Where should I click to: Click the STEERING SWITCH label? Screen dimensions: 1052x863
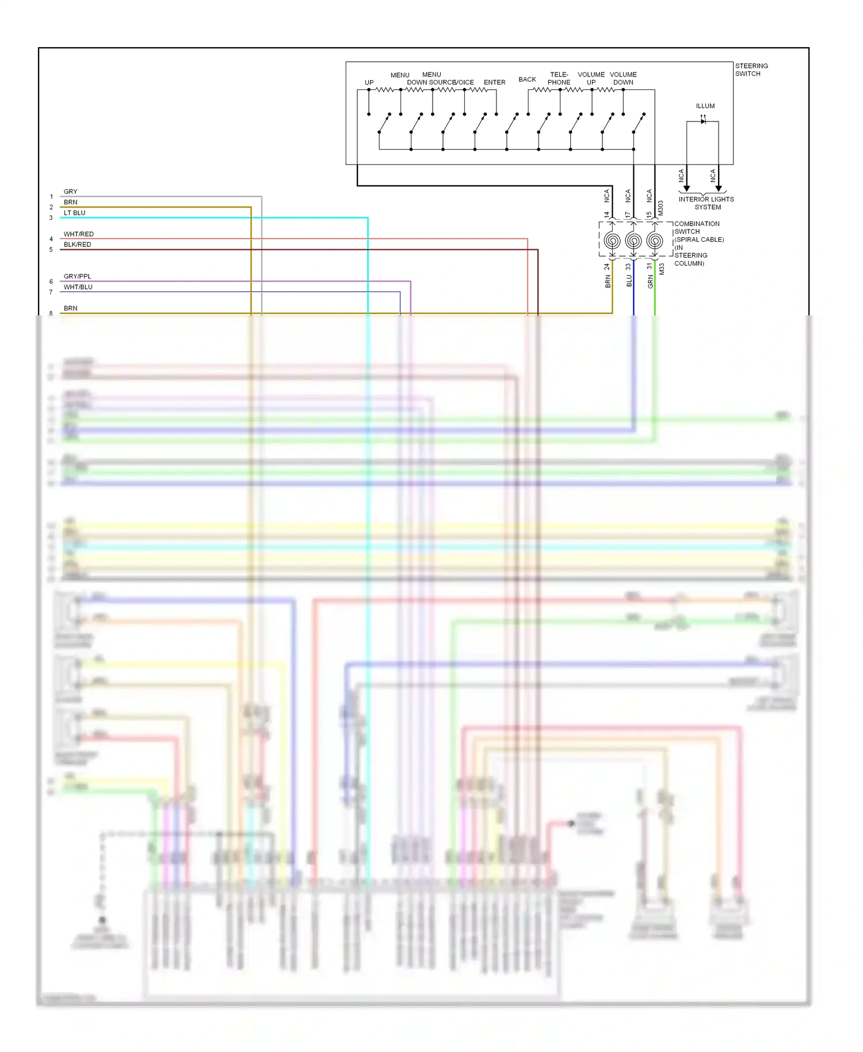[x=751, y=70]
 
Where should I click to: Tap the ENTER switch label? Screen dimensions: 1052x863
[x=494, y=82]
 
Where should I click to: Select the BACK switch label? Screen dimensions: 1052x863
[x=527, y=79]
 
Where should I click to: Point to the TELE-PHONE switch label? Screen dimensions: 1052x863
[x=559, y=78]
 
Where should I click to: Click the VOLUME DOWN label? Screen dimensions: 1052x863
[x=623, y=78]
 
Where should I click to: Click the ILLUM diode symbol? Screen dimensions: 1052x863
[x=702, y=121]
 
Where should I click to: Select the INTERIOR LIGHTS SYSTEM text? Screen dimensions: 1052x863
[x=706, y=203]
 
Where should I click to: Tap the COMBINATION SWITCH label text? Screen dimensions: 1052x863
[x=697, y=227]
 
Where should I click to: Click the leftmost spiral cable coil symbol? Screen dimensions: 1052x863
[x=612, y=241]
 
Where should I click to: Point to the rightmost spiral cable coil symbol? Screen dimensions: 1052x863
[x=655, y=241]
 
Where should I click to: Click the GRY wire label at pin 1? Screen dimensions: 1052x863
[x=70, y=192]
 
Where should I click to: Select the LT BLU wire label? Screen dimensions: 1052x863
[x=74, y=213]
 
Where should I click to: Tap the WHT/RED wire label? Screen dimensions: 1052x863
[x=78, y=234]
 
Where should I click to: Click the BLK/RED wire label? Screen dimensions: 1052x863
[x=77, y=245]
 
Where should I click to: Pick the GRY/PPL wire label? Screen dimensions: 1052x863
[x=77, y=276]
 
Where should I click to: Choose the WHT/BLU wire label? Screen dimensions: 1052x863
[x=78, y=287]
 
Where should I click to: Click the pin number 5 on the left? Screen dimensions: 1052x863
[x=51, y=250]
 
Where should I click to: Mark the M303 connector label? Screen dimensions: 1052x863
[x=660, y=208]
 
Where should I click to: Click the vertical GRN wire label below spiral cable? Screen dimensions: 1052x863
[x=650, y=281]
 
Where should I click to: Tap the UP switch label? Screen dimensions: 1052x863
[x=369, y=82]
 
